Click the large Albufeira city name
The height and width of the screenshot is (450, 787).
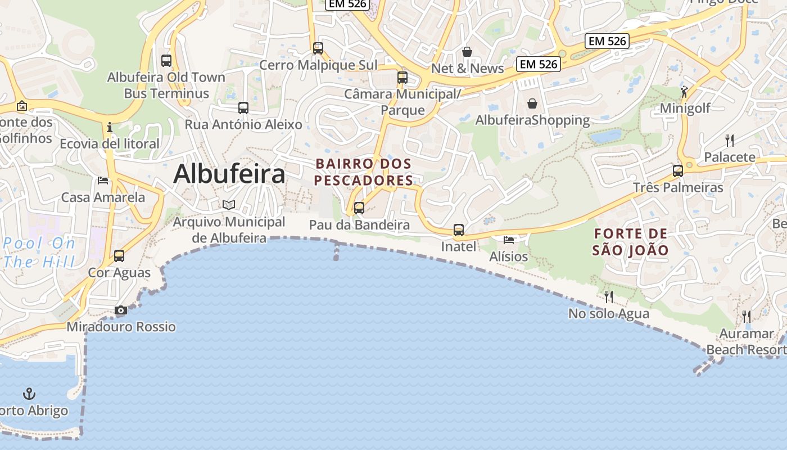[x=229, y=174]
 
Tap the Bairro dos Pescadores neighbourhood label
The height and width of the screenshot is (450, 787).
[x=364, y=172]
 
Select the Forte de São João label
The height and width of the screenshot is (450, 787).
[x=630, y=242]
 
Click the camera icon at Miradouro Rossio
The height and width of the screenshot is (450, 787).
[x=120, y=310]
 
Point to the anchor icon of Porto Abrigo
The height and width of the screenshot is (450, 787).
[x=29, y=394]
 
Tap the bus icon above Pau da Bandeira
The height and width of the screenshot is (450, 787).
[x=359, y=208]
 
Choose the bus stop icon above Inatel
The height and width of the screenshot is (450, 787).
[x=459, y=229]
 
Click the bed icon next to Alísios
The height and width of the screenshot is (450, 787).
[x=509, y=240]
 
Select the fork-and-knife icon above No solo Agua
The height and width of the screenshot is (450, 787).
[x=609, y=296]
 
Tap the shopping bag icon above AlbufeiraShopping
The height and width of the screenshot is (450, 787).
[x=532, y=103]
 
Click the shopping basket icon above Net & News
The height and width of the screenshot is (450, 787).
[x=467, y=52]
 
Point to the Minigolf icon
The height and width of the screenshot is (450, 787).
[x=684, y=91]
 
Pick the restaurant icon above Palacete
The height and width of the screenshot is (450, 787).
[x=730, y=140]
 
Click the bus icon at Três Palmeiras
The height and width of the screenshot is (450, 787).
[x=678, y=170]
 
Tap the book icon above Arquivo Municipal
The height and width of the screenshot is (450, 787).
[x=229, y=205]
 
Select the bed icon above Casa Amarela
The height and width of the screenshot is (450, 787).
[x=103, y=180]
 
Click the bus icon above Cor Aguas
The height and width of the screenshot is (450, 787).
[x=119, y=256]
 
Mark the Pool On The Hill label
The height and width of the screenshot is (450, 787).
[x=39, y=253]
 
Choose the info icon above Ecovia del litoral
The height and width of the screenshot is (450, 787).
[x=110, y=127]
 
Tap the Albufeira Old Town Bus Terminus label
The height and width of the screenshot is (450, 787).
[x=166, y=85]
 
